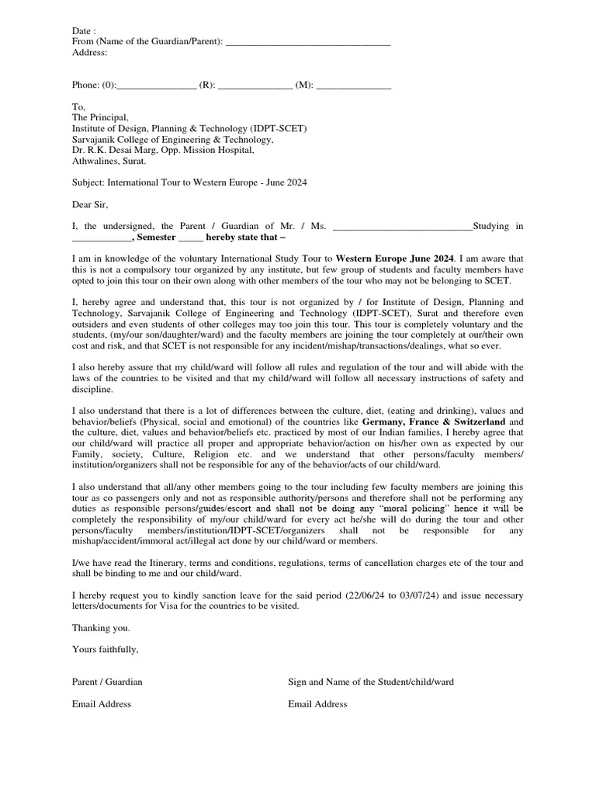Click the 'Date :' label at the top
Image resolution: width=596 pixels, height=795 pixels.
[84, 30]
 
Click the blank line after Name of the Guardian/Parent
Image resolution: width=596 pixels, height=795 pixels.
[307, 43]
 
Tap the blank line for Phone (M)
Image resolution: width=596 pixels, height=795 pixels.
[353, 85]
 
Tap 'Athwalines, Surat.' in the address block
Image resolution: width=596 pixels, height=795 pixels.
[109, 161]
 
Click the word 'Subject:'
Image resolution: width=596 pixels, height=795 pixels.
[89, 182]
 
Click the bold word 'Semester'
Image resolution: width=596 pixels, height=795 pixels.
[158, 237]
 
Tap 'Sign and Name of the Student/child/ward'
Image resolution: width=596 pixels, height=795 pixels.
[371, 682]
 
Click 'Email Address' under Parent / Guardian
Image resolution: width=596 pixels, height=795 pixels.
[102, 704]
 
